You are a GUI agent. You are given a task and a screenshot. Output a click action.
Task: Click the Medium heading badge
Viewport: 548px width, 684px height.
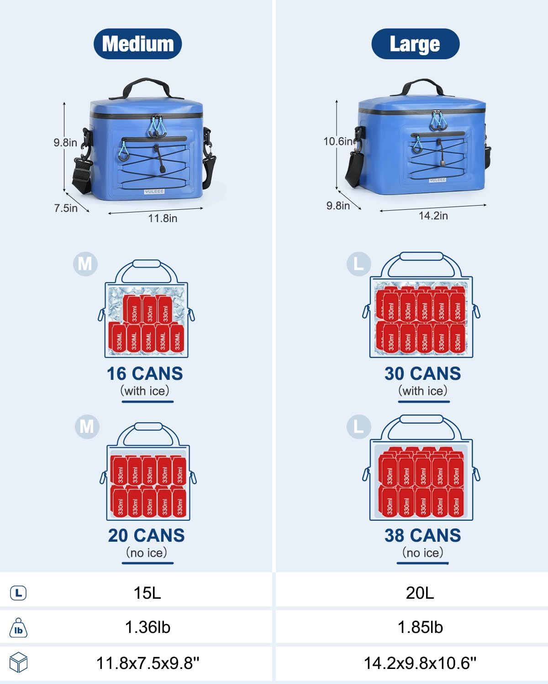(x=137, y=44)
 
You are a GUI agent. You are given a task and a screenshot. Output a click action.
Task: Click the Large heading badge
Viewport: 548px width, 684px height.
(x=415, y=44)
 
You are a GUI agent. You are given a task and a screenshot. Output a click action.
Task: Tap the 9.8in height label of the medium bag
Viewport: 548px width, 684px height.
(x=65, y=143)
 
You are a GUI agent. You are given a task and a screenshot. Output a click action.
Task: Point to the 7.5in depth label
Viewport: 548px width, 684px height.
(x=66, y=208)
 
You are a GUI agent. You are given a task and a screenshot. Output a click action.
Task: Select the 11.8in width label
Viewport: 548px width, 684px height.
(x=163, y=218)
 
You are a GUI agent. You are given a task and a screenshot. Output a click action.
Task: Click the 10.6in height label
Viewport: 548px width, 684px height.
(x=338, y=141)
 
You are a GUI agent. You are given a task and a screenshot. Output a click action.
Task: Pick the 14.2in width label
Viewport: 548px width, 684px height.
(x=433, y=216)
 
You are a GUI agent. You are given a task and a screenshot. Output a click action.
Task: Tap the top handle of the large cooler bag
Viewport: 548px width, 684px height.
(x=422, y=85)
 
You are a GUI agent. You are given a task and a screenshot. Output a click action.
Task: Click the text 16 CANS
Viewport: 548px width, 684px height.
(x=145, y=373)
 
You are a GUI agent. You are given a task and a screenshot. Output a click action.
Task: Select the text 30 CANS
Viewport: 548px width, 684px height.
(x=423, y=373)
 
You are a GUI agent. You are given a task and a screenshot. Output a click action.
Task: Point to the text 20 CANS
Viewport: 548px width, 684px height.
(x=146, y=535)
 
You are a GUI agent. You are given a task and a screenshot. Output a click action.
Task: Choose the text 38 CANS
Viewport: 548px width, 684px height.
(x=423, y=535)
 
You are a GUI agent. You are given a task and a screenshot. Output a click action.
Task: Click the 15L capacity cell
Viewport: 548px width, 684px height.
(x=147, y=593)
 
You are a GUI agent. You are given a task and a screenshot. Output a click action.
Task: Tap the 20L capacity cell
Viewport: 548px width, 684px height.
(x=420, y=593)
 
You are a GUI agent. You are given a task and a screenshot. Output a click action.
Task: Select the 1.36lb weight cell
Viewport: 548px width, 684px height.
(x=148, y=627)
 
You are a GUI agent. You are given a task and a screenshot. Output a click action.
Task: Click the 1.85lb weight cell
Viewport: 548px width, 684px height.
(x=420, y=627)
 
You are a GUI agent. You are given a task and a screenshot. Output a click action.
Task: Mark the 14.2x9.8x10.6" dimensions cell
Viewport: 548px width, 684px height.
(x=420, y=663)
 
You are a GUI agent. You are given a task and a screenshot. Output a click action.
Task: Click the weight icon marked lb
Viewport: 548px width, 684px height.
(x=18, y=628)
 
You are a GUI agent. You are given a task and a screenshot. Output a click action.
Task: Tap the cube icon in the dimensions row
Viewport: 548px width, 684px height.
(x=18, y=663)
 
